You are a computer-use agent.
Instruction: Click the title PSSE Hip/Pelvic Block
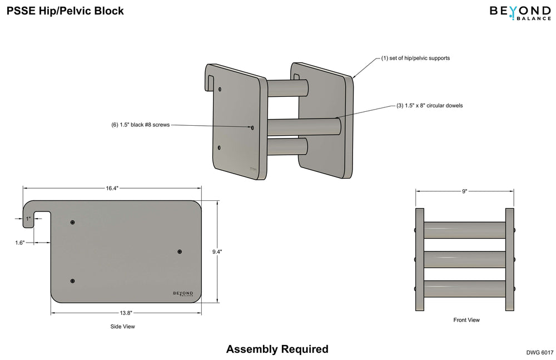pyautogui.click(x=65, y=11)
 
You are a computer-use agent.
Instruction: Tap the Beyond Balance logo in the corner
pyautogui.click(x=519, y=12)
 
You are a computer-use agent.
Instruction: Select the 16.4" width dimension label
pyautogui.click(x=112, y=188)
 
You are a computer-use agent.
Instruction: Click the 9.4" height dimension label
pyautogui.click(x=217, y=251)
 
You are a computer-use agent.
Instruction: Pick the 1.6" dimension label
pyautogui.click(x=20, y=243)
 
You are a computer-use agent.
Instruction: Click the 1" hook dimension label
pyautogui.click(x=28, y=219)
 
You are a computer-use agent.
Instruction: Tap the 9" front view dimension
pyautogui.click(x=464, y=191)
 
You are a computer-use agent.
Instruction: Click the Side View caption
pyautogui.click(x=122, y=327)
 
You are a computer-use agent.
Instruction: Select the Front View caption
pyautogui.click(x=466, y=320)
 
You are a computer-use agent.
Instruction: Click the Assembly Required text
pyautogui.click(x=277, y=349)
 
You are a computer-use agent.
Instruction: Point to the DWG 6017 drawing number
pyautogui.click(x=539, y=352)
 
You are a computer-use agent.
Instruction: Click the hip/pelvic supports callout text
pyautogui.click(x=415, y=58)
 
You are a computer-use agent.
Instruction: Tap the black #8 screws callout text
pyautogui.click(x=140, y=125)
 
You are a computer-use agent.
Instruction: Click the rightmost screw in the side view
pyautogui.click(x=180, y=252)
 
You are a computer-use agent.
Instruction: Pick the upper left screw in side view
pyautogui.click(x=73, y=223)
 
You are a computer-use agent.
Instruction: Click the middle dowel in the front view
pyautogui.click(x=465, y=259)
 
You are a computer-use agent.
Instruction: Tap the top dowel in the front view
pyautogui.click(x=465, y=230)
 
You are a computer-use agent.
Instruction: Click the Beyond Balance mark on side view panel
pyautogui.click(x=183, y=294)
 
